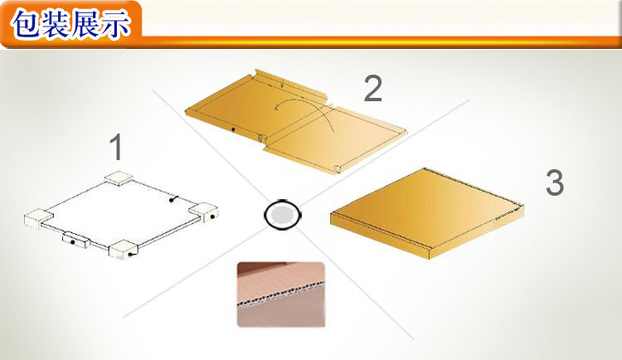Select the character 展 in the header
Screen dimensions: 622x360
click(85, 24)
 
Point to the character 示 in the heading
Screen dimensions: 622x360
click(115, 24)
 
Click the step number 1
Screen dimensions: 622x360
click(117, 147)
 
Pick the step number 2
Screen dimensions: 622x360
click(373, 88)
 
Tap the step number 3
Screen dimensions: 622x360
click(555, 182)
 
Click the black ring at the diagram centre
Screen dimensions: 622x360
click(283, 215)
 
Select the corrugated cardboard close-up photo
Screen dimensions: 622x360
click(281, 294)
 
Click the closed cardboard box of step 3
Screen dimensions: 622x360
click(427, 213)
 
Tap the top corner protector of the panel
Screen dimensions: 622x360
click(119, 178)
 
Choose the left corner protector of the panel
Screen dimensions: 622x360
click(38, 218)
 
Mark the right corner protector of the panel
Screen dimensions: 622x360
click(203, 212)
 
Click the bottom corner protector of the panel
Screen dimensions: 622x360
click(124, 249)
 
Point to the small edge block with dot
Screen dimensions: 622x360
click(75, 240)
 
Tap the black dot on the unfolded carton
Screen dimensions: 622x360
click(233, 129)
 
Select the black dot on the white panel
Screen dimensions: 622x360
click(172, 200)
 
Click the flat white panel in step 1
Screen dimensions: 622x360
click(119, 213)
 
